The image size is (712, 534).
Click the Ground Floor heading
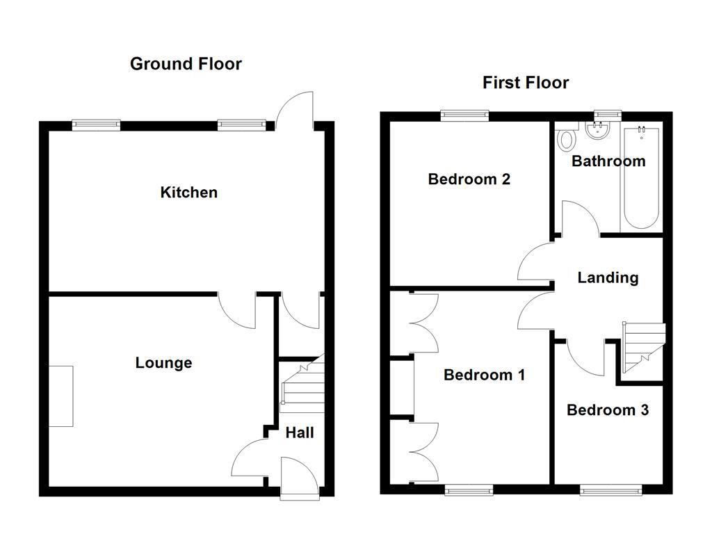point(186,64)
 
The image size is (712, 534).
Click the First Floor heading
point(526,83)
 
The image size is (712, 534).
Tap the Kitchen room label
point(188,192)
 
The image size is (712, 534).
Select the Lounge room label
point(163,362)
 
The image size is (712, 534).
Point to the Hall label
point(300,432)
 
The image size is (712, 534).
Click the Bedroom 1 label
point(484,375)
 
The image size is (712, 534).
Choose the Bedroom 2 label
point(469,179)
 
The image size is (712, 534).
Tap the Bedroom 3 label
point(608,410)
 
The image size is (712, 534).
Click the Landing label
point(608,277)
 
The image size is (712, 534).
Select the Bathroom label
point(608,161)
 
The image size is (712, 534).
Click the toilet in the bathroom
point(567,138)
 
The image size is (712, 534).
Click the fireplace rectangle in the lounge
point(61,396)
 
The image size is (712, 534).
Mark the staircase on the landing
point(642,348)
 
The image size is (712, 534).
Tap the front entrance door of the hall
point(299,478)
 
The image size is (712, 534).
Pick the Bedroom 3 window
point(610,490)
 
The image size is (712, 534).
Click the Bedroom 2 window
point(464,116)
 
